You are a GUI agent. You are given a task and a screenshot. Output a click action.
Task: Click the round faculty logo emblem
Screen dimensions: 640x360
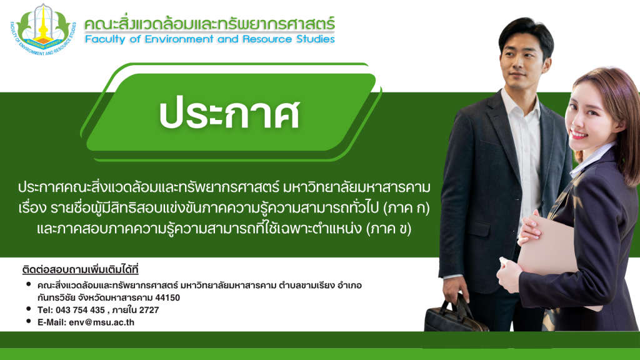(43, 29)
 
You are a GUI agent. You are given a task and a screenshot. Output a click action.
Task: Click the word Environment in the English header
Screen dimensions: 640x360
(179, 39)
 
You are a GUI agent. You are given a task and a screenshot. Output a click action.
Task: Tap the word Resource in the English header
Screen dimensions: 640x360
(267, 39)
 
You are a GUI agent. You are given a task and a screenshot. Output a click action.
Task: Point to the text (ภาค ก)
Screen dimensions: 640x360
(406, 207)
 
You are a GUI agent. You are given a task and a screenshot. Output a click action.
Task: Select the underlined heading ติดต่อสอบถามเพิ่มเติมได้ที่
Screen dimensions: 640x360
(81, 270)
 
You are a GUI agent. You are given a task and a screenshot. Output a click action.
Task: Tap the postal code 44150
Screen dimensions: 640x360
(167, 297)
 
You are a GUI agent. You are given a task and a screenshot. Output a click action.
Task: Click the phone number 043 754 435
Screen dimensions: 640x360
(80, 310)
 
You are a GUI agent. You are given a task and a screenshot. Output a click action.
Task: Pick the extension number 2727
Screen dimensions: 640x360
(149, 310)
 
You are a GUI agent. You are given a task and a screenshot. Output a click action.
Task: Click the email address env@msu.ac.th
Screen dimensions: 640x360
(102, 322)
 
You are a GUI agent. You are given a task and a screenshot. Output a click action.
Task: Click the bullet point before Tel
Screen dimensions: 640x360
(29, 309)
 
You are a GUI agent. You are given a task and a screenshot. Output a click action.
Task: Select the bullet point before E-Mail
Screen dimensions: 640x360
(29, 321)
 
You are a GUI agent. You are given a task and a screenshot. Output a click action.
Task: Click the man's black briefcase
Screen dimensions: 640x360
(456, 315)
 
